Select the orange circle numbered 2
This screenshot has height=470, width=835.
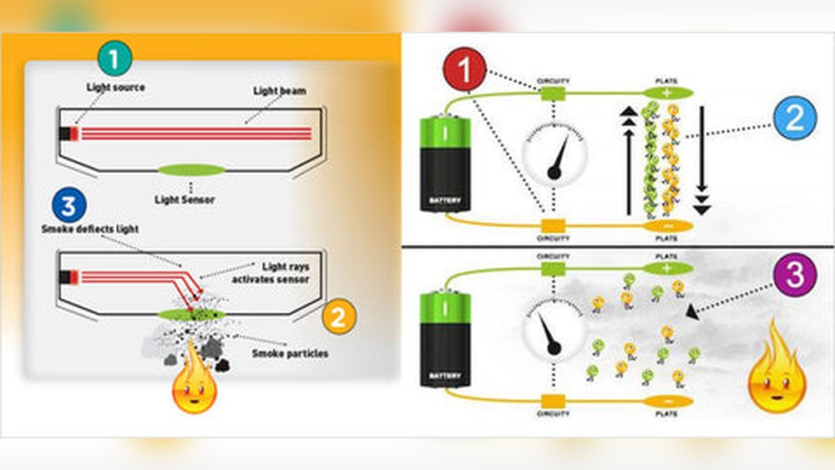pos(338,315)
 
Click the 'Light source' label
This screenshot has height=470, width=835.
pos(115,87)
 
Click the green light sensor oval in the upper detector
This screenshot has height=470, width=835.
pos(191,170)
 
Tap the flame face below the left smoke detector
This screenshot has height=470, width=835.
pos(194,388)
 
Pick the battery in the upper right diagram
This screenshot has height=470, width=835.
pos(446,164)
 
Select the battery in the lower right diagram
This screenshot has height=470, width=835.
pos(445,338)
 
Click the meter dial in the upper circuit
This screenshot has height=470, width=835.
pos(554,154)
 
